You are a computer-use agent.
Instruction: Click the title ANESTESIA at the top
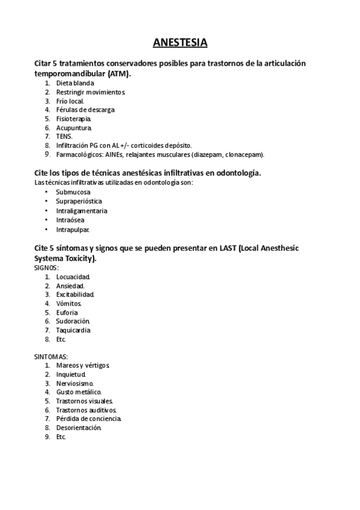[x=180, y=43]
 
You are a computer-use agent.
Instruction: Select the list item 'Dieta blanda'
[x=75, y=83]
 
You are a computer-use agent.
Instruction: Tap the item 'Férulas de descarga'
[x=85, y=110]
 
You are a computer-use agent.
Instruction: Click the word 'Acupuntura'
[x=74, y=128]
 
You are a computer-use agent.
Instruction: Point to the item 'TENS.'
[x=64, y=137]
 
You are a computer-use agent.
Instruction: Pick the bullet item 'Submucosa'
[x=73, y=192]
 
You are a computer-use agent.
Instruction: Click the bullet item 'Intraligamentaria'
[x=82, y=210]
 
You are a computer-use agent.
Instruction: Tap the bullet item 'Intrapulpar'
[x=73, y=230]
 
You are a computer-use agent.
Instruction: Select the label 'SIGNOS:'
[x=47, y=267]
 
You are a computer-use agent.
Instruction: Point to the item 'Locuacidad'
[x=73, y=277]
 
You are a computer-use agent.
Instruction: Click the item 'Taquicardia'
[x=73, y=330]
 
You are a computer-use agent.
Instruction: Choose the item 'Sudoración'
[x=73, y=321]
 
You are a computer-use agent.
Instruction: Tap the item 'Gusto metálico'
[x=79, y=392]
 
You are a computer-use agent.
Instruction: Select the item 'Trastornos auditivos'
[x=87, y=410]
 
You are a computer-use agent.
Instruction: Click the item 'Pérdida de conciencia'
[x=89, y=418]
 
